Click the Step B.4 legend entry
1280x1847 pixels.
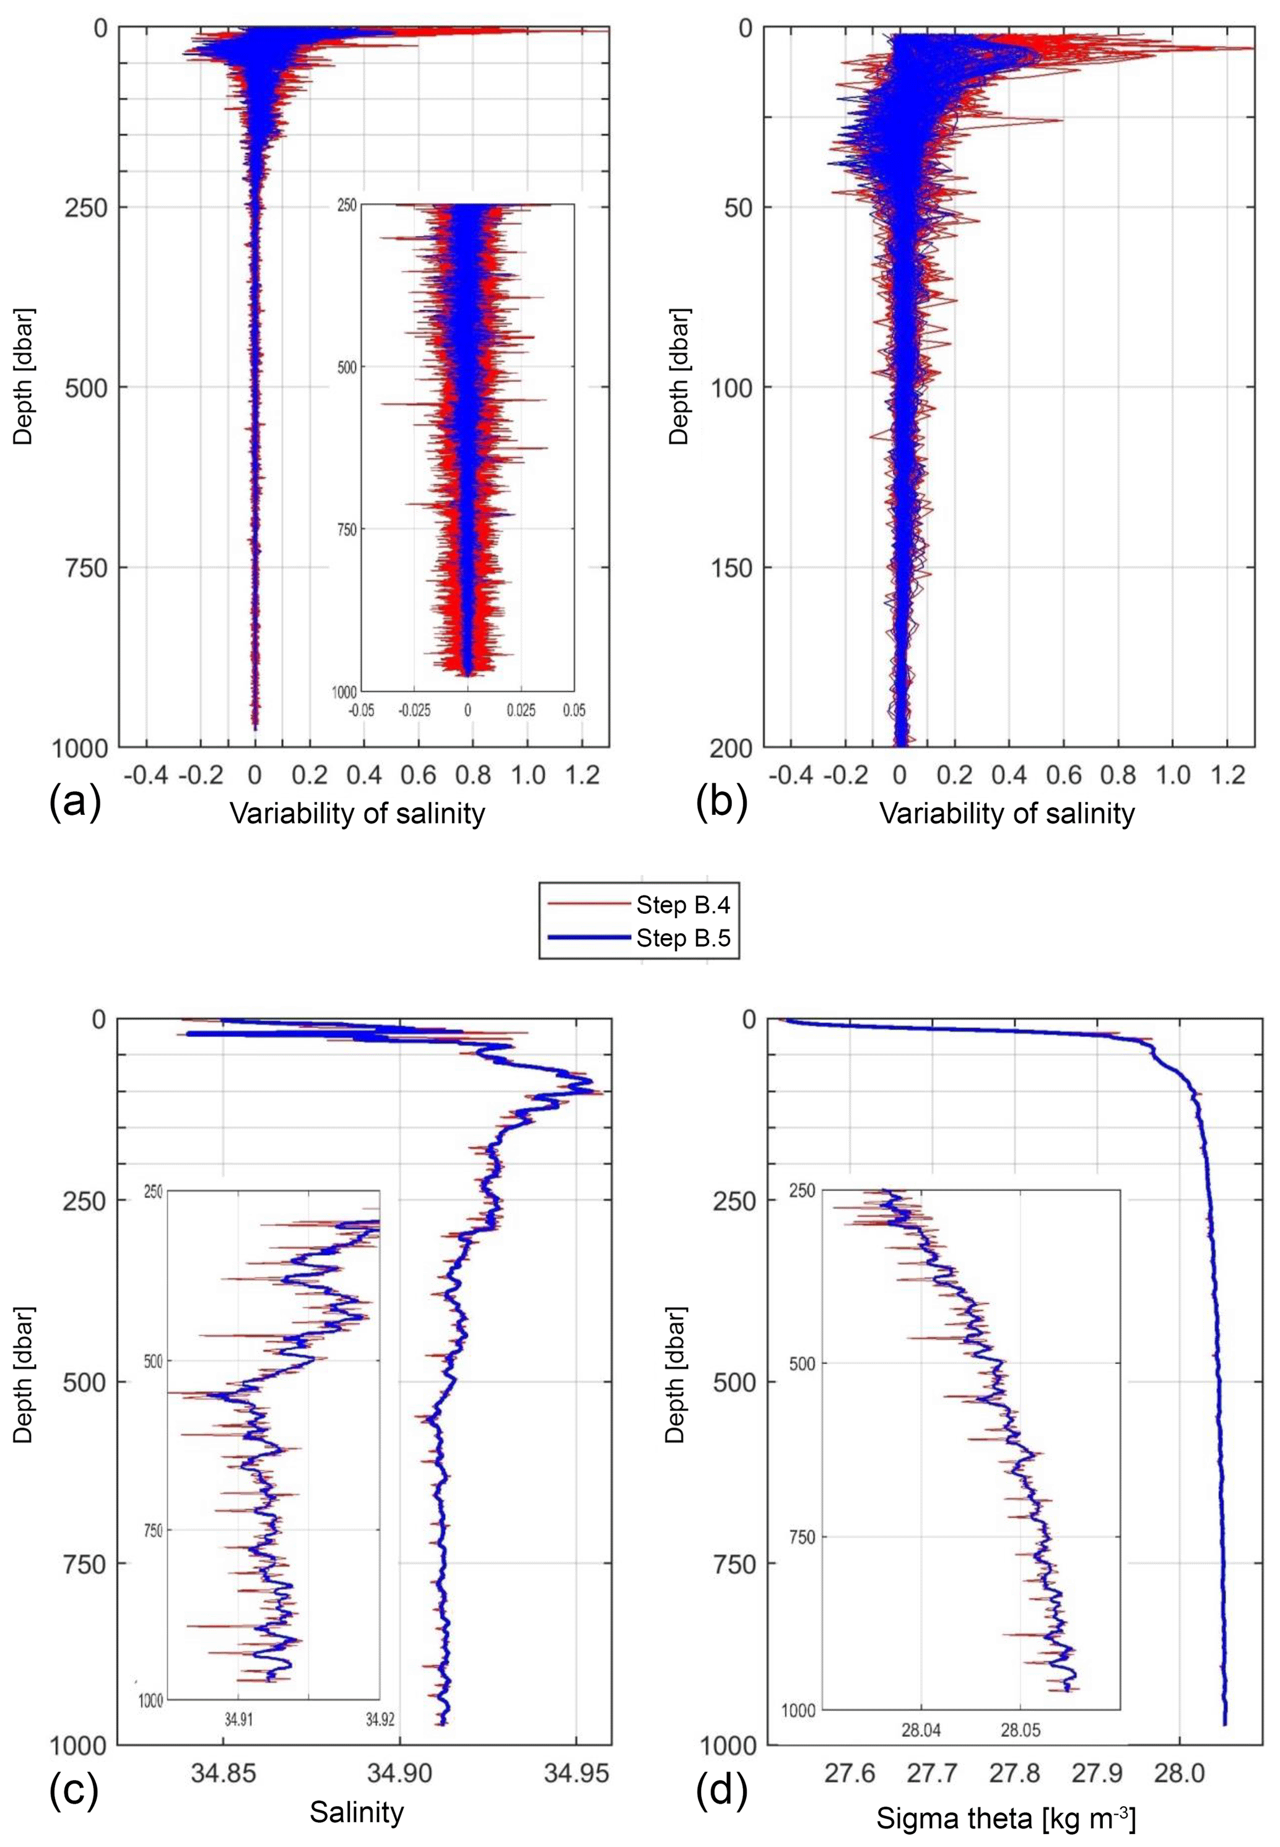click(682, 905)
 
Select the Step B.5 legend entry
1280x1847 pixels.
click(682, 937)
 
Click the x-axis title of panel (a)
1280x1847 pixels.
click(358, 813)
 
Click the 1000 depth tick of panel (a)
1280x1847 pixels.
click(81, 748)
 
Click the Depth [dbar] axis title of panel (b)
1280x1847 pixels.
click(680, 375)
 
